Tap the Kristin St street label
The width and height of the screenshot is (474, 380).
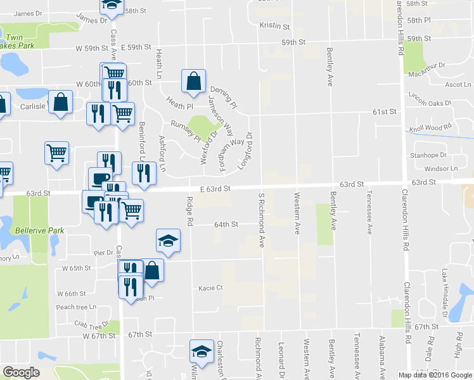point(274,27)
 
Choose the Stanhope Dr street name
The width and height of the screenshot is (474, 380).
point(429,155)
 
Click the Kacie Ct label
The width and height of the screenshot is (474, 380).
point(211,288)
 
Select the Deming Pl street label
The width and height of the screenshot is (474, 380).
point(222,97)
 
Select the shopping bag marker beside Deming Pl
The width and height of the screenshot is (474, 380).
point(193,80)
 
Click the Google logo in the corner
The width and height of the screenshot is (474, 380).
point(21,372)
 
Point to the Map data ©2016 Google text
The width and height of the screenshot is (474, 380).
point(435,375)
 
